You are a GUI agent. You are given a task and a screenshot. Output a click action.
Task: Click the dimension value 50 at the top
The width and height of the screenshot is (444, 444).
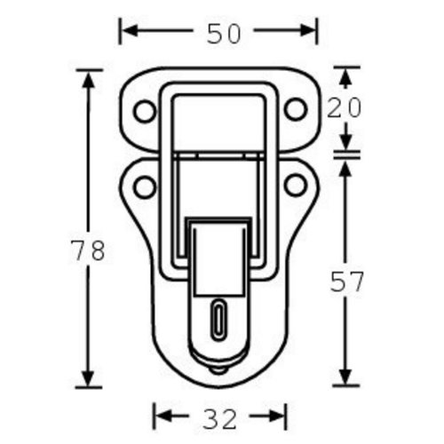coord(224,34)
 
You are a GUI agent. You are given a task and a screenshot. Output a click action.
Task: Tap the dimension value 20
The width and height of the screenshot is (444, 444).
coord(344,107)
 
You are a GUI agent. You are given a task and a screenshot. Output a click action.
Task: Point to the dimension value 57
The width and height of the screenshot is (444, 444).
coord(346,281)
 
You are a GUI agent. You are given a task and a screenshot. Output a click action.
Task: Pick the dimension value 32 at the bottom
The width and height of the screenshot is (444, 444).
coord(219,419)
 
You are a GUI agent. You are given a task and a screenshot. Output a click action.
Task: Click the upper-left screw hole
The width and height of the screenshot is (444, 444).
coord(145,111)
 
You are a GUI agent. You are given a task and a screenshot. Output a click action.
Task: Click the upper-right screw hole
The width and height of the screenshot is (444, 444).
coord(296,109)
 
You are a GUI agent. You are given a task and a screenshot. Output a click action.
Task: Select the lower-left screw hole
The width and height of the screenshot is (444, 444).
coord(145,186)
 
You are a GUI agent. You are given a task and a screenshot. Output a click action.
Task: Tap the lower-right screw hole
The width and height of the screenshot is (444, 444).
coord(296,185)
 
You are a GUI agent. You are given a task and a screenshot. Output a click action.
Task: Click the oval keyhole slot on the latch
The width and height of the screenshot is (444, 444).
coord(218,321)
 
